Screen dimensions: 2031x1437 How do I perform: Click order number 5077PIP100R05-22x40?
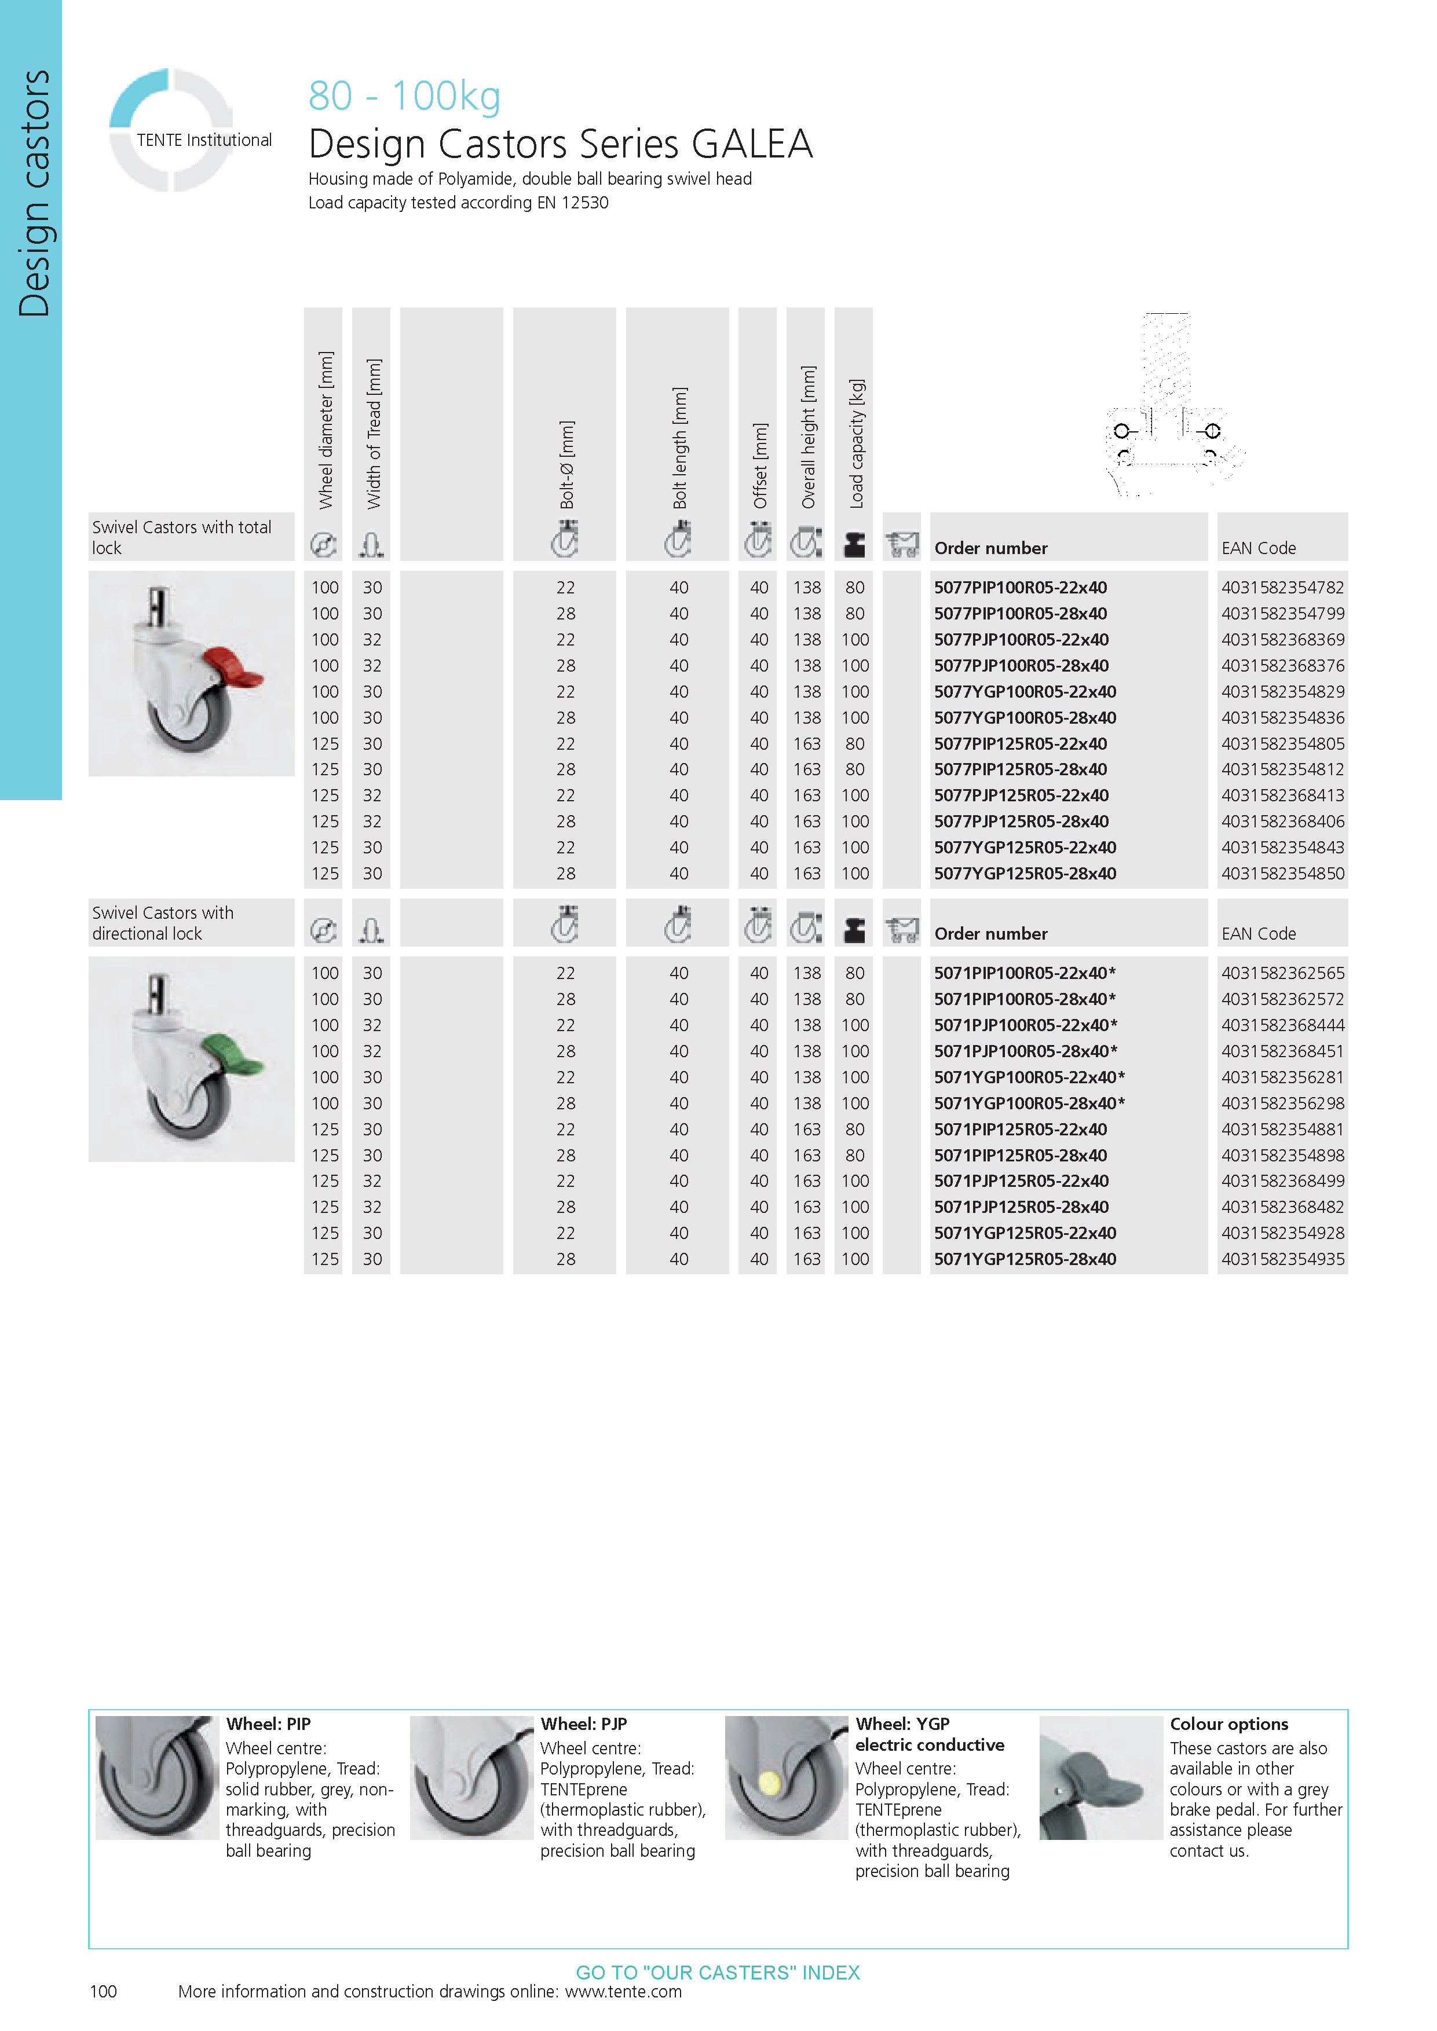1020,588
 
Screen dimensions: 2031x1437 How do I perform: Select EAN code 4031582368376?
1282,665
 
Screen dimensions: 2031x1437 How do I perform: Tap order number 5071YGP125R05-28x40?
1025,1259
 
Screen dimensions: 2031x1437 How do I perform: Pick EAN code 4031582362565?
1282,973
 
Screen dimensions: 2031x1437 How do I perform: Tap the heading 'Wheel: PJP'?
583,1724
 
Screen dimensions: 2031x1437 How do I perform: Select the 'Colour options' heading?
1228,1724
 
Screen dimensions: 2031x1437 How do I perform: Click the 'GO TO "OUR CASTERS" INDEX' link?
718,1973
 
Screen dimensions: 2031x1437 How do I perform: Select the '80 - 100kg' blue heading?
404,96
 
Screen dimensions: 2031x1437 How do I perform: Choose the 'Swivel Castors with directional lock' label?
163,923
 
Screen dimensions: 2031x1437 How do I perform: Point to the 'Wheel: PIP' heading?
268,1724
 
